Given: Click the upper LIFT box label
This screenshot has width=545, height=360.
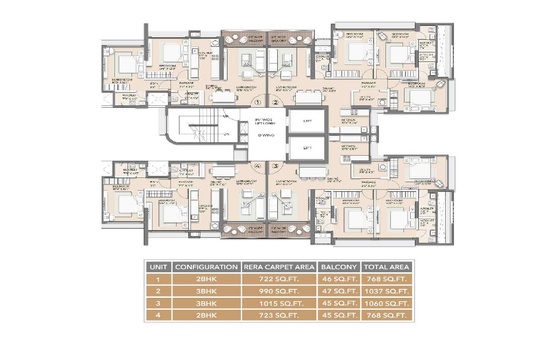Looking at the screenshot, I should pyautogui.click(x=307, y=121).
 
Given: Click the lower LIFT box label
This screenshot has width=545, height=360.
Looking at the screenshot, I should pyautogui.click(x=307, y=148).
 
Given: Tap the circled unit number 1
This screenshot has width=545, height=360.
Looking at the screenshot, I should pyautogui.click(x=258, y=102).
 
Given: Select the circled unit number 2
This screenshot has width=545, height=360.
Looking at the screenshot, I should pyautogui.click(x=275, y=102).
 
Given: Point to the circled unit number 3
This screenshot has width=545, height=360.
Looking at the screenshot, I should pyautogui.click(x=275, y=166).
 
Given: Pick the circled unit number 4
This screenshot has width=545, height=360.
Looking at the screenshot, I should pyautogui.click(x=258, y=166).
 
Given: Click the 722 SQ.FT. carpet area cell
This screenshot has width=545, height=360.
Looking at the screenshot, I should pyautogui.click(x=278, y=279).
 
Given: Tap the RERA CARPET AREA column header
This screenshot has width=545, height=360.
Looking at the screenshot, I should pyautogui.click(x=278, y=267).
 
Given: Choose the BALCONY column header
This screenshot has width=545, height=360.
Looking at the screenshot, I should pyautogui.click(x=339, y=267).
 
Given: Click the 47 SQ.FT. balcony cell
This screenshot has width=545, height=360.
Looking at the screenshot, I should pyautogui.click(x=339, y=291).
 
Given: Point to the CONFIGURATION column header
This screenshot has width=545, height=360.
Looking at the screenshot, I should pyautogui.click(x=206, y=267).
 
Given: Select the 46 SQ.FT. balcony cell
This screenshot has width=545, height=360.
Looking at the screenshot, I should pyautogui.click(x=339, y=279).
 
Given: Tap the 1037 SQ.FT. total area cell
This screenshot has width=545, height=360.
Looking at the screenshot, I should pyautogui.click(x=386, y=291).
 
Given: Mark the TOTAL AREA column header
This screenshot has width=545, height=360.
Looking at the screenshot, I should pyautogui.click(x=386, y=267).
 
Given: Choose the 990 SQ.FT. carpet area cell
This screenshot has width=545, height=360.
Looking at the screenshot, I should pyautogui.click(x=278, y=291).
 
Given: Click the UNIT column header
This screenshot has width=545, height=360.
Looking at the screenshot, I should pyautogui.click(x=158, y=267).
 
